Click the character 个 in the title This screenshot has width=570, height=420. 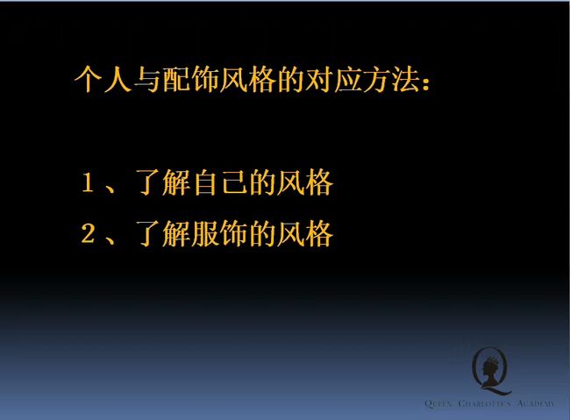[88, 79]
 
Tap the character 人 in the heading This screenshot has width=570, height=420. [117, 79]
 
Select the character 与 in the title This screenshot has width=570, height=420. [146, 79]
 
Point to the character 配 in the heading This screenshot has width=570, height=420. [175, 79]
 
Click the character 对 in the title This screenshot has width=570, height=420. [319, 79]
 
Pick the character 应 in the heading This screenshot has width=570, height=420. [348, 79]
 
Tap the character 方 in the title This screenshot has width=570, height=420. [376, 79]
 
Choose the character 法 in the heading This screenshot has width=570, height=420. [405, 79]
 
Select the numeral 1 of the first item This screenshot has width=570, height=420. [88, 182]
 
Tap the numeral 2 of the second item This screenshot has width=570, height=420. [88, 233]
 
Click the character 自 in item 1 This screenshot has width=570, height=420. [205, 182]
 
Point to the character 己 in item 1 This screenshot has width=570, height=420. [234, 182]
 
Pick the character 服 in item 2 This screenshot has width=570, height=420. [205, 233]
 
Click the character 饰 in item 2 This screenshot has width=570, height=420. [234, 233]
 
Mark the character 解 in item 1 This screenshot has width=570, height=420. [176, 182]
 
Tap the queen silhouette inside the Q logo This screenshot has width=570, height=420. [491, 370]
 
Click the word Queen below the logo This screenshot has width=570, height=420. [438, 403]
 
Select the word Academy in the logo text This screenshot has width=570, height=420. [536, 403]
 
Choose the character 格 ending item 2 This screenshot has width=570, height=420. [319, 233]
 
